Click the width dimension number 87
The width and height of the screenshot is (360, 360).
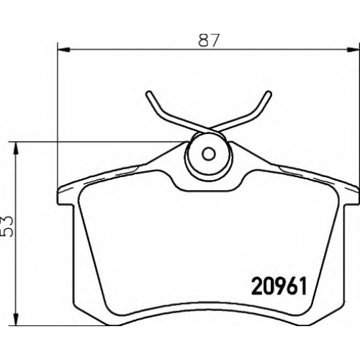click(x=209, y=40)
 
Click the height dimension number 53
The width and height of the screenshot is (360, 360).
click(x=7, y=226)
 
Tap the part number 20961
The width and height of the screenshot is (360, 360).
click(x=279, y=286)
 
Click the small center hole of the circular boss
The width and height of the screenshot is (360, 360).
click(x=208, y=153)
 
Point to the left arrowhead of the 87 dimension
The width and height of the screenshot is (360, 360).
click(x=64, y=50)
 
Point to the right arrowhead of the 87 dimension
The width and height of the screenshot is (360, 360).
click(x=354, y=50)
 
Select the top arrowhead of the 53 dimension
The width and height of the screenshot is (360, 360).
click(x=16, y=148)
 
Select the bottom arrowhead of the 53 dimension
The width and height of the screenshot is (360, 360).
click(x=16, y=320)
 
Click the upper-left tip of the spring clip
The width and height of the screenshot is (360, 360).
click(x=148, y=93)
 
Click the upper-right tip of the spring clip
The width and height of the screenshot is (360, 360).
click(x=269, y=93)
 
